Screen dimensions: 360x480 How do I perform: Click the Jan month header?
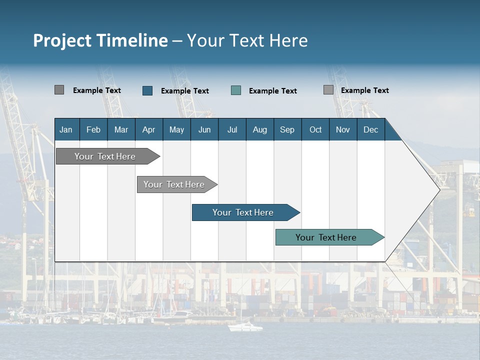click(x=66, y=129)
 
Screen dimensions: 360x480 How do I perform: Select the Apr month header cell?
click(x=148, y=129)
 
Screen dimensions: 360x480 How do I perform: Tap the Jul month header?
click(x=232, y=129)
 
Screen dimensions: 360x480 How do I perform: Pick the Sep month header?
click(x=287, y=129)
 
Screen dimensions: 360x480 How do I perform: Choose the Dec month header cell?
click(x=370, y=129)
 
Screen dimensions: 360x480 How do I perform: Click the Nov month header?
click(x=342, y=129)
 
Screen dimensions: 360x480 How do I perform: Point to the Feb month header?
click(x=93, y=129)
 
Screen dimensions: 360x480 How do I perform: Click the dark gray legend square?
click(x=59, y=90)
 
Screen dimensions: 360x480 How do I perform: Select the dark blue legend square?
click(x=147, y=90)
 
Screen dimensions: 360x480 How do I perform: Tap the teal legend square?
click(x=236, y=90)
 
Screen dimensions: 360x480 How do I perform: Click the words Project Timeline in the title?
click(x=100, y=40)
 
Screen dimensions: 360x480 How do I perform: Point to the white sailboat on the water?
click(x=245, y=327)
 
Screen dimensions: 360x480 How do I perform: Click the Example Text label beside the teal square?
click(x=272, y=91)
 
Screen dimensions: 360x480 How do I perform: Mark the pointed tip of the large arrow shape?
click(x=439, y=190)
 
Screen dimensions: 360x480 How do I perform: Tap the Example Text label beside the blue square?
click(x=184, y=91)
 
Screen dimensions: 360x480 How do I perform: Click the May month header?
click(x=176, y=129)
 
